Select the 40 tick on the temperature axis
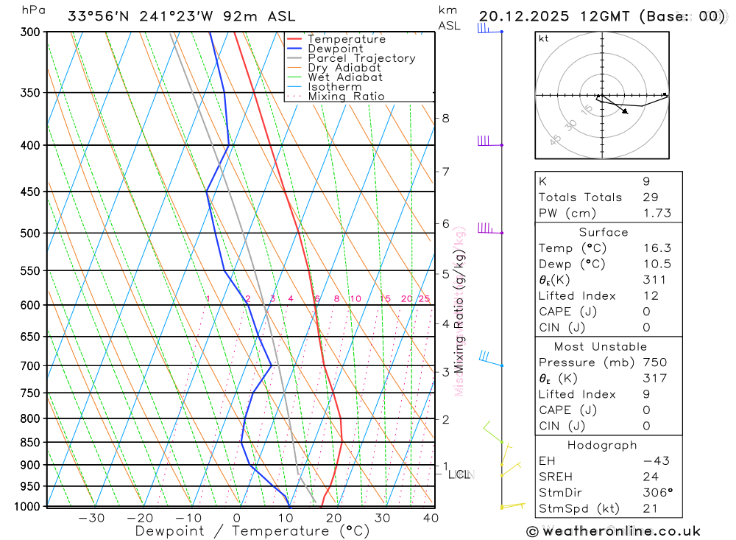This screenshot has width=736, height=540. tap(431, 518)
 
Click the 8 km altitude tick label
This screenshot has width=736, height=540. tap(445, 118)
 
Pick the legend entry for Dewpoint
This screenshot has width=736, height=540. tap(335, 49)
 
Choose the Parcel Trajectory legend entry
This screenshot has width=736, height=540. tap(361, 58)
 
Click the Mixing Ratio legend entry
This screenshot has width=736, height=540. tap(346, 97)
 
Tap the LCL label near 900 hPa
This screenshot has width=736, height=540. tap(459, 474)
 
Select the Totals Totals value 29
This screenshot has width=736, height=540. tap(648, 197)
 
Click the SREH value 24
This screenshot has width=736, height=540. tap(648, 477)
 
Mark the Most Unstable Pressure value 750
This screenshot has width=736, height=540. tap(654, 362)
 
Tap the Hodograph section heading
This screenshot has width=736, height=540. tap(603, 446)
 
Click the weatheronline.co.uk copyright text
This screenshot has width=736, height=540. tap(613, 531)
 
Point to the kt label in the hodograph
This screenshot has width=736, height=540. tap(544, 38)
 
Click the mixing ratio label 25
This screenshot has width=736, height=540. tap(424, 298)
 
